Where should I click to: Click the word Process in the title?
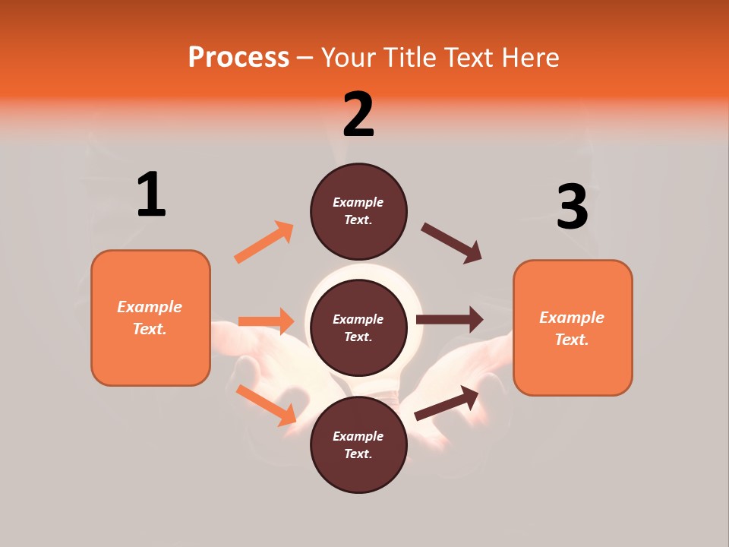238,57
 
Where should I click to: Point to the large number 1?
151,195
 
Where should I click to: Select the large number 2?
358,114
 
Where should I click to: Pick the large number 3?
572,207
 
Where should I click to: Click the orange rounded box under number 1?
150,317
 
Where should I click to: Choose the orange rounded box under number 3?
573,327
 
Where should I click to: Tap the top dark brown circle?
358,211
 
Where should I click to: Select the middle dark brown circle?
358,327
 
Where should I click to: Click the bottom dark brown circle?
358,444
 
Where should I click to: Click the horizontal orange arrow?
266,321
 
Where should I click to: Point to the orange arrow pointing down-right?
266,404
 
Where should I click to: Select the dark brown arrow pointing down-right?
452,243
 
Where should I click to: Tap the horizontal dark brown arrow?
450,320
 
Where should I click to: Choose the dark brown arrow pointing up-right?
447,403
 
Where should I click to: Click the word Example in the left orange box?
150,307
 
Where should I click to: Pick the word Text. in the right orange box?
572,340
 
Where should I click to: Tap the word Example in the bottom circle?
358,436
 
